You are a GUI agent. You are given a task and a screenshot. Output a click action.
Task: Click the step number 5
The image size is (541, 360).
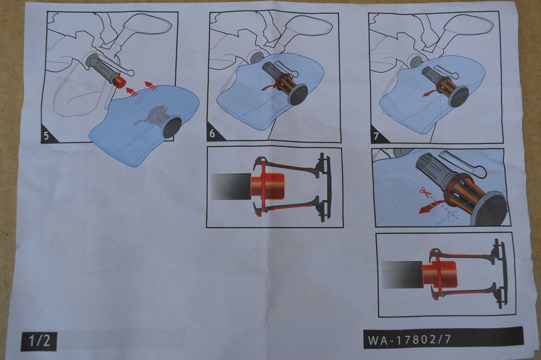tap(47, 136)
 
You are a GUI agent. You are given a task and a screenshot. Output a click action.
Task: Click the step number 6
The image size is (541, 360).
tap(212, 134)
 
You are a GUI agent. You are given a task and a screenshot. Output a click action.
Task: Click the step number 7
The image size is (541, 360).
tap(376, 136)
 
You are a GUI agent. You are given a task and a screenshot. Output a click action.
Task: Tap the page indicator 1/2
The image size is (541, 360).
tap(39, 341)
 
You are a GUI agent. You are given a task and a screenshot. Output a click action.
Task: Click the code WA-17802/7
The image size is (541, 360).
tap(409, 339)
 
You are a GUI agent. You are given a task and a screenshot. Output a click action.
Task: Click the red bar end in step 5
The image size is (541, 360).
tap(119, 82)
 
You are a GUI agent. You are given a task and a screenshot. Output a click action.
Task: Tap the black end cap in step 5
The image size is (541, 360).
tap(172, 128)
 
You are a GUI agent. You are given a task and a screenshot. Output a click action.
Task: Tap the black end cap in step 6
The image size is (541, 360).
tap(298, 95)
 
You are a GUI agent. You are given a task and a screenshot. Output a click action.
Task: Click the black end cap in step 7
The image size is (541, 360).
tap(459, 97)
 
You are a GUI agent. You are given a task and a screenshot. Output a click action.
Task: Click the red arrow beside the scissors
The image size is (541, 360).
tap(428, 208)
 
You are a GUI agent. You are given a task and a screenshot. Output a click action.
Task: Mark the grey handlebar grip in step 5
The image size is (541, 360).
tap(102, 68)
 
